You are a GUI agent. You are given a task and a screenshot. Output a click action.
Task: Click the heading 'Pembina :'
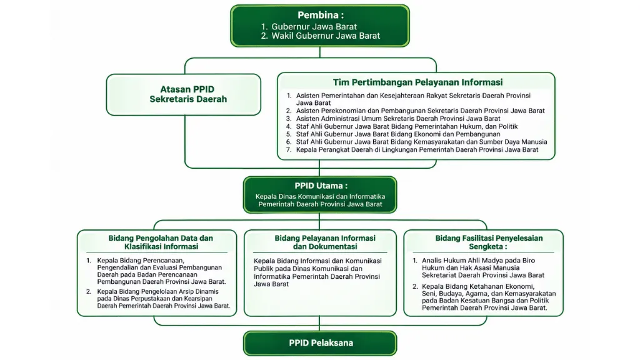click(x=321, y=15)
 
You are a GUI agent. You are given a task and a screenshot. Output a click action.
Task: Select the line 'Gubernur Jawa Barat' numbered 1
click(x=309, y=26)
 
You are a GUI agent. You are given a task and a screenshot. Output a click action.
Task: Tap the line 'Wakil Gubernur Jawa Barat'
click(x=321, y=36)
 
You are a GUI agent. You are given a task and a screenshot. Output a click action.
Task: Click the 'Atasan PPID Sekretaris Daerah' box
click(x=183, y=94)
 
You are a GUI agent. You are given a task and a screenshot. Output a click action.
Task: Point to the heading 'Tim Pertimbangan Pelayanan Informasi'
click(x=417, y=82)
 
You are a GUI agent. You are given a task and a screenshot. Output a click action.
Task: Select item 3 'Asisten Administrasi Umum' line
click(x=393, y=118)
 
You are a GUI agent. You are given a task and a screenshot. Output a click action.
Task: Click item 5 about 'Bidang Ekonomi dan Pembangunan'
click(x=393, y=134)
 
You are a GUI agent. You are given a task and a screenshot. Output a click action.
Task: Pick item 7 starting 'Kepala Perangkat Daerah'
click(x=412, y=149)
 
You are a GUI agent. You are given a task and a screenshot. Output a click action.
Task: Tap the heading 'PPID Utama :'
click(x=321, y=186)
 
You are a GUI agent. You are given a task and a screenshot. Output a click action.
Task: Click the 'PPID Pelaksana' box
click(x=320, y=343)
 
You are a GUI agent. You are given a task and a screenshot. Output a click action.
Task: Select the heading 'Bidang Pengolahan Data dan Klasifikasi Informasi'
click(x=161, y=242)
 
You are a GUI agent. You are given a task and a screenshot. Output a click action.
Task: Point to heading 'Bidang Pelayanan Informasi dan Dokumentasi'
click(x=325, y=242)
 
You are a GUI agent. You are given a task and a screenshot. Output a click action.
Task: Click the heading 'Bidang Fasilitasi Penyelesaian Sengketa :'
click(x=489, y=242)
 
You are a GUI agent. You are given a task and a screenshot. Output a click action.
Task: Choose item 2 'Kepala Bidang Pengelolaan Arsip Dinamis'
click(x=158, y=298)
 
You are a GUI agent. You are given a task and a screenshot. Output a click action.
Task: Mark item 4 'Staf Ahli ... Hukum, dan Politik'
click(x=402, y=126)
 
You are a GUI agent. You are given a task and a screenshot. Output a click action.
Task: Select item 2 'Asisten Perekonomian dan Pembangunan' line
click(x=416, y=111)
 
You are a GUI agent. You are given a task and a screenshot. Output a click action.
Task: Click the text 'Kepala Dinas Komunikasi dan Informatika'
click(x=321, y=196)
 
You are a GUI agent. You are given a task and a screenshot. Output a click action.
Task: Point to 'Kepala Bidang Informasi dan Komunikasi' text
click(x=317, y=261)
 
